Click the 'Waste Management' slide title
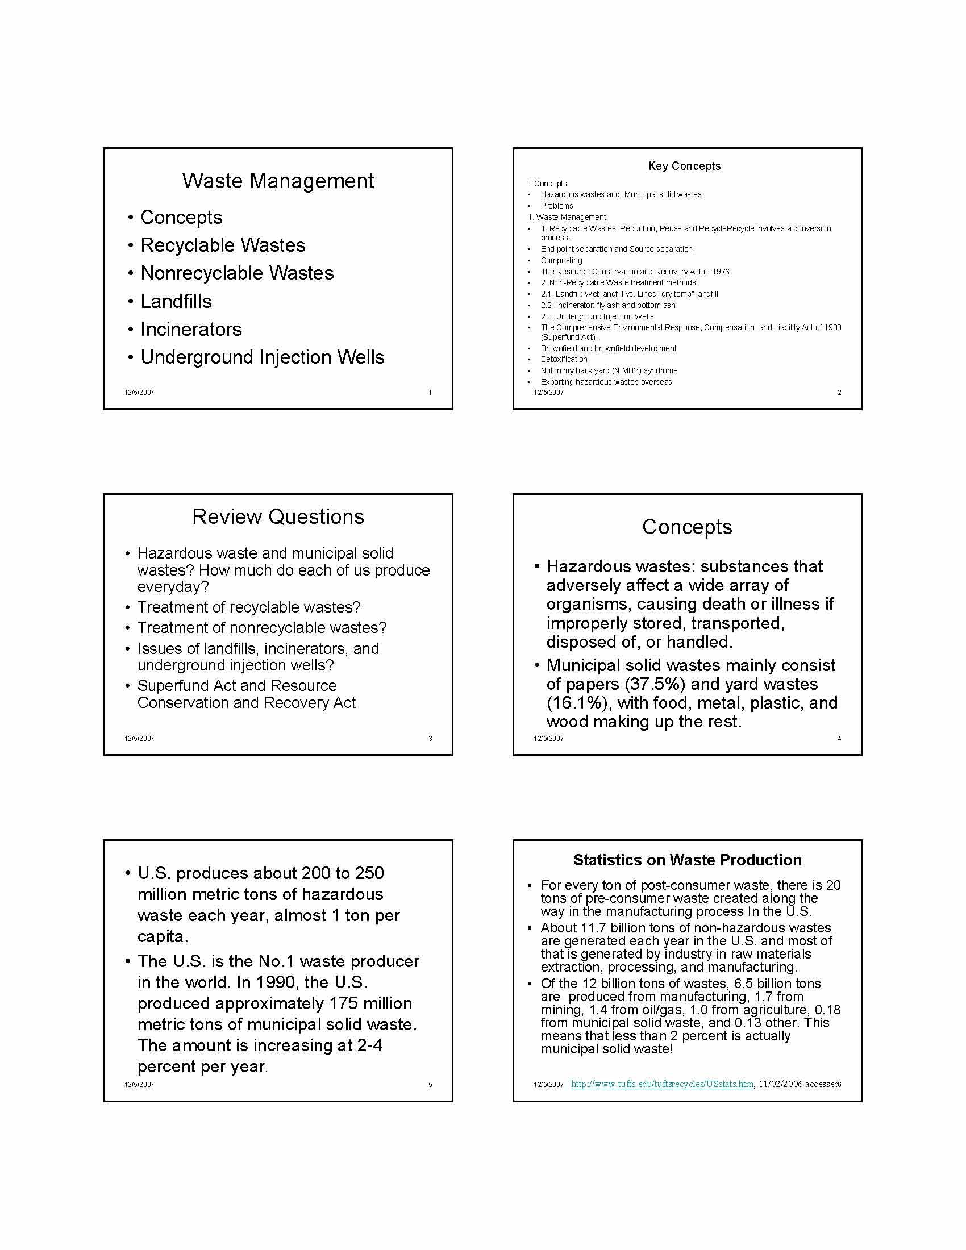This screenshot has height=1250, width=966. point(277,181)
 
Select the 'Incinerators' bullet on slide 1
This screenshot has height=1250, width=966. point(190,329)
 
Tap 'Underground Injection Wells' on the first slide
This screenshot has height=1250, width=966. point(262,357)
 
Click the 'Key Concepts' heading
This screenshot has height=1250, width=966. point(685,166)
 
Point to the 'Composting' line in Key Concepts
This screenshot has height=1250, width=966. point(561,260)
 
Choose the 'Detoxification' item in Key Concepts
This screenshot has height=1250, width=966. point(564,360)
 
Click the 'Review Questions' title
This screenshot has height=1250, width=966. point(277,517)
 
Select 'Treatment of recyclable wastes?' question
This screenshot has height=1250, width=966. point(248,607)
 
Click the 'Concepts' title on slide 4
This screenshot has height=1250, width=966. point(687,527)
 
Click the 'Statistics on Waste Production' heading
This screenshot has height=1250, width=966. point(688,860)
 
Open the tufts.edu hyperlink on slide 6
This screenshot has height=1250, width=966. point(662,1084)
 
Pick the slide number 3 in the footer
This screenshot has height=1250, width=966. point(430,738)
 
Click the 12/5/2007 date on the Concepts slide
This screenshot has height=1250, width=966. point(548,738)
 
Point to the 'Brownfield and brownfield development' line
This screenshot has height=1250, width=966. point(609,348)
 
